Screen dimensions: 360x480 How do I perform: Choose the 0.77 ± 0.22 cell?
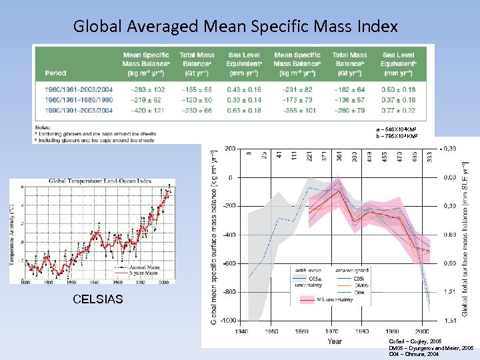click(398, 109)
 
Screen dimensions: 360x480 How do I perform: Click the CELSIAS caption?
click(98, 299)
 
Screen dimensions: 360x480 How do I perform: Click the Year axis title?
click(335, 341)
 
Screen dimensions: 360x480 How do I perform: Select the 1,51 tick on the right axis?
click(451, 321)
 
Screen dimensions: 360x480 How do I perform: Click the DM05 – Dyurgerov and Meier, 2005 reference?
click(430, 348)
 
